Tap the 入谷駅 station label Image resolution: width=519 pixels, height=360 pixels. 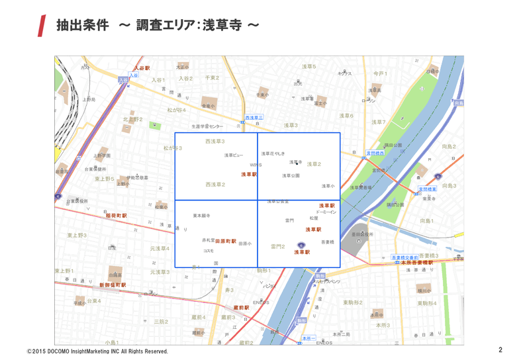[x=142, y=68]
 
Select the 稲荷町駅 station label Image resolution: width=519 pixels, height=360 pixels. [x=116, y=216]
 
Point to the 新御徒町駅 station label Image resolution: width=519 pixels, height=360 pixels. [x=113, y=285]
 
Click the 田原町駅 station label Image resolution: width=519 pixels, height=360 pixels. [x=226, y=242]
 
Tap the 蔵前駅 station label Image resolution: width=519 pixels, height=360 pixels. [x=241, y=308]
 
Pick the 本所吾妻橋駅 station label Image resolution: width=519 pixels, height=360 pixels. [x=418, y=263]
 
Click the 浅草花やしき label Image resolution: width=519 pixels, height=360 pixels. [x=273, y=154]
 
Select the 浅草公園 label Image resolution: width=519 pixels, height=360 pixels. [x=291, y=176]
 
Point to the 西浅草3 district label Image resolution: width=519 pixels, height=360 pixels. [x=214, y=142]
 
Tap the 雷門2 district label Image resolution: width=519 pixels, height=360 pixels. [x=278, y=246]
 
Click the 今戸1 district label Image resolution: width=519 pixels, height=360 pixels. [x=380, y=73]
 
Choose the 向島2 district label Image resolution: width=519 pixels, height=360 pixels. [x=449, y=146]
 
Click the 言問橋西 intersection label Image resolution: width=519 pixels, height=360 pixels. [x=376, y=153]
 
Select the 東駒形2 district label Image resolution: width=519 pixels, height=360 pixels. [x=352, y=302]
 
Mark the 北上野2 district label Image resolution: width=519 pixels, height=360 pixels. [x=132, y=120]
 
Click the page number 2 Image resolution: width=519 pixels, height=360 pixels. [x=500, y=349]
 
